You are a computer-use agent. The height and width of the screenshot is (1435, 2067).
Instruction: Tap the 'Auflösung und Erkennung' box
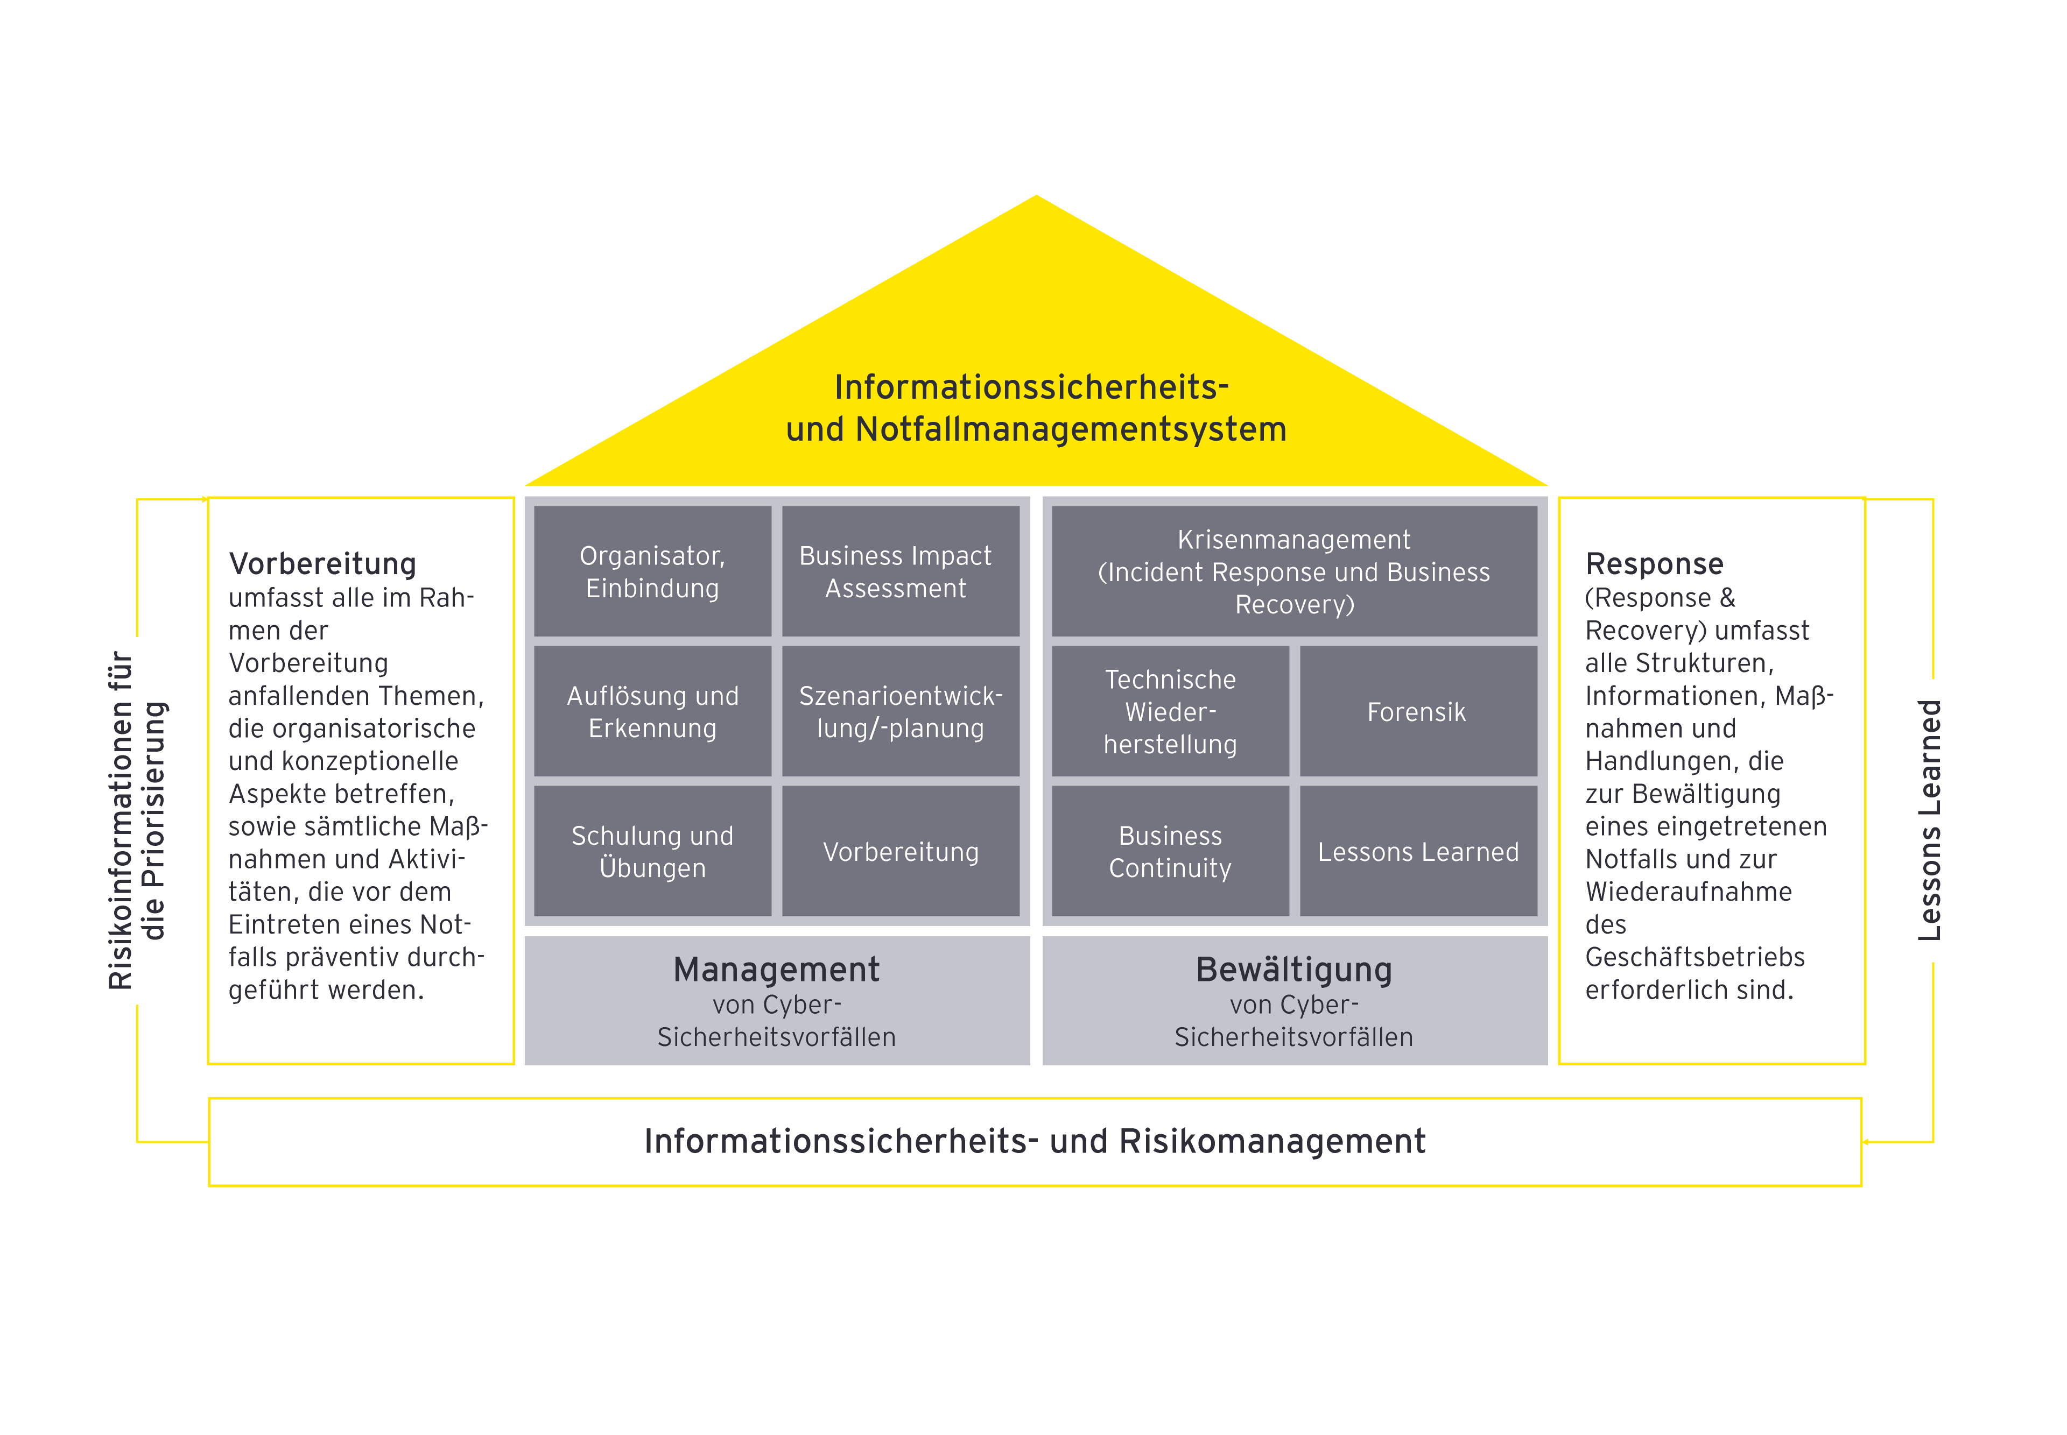coord(652,711)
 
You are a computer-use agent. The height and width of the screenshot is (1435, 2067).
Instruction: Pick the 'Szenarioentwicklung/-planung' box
coord(901,711)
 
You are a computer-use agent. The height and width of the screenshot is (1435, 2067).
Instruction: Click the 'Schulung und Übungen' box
coord(652,851)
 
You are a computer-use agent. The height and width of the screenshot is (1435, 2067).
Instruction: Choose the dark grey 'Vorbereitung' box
coord(901,851)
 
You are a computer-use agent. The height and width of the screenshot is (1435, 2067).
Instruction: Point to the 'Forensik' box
coord(1418,711)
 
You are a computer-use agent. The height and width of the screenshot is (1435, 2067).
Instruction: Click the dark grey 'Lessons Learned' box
coord(1418,851)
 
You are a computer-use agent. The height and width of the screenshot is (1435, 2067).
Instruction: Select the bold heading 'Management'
coord(776,969)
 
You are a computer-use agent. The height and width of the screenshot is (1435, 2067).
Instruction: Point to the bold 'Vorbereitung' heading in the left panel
coord(322,564)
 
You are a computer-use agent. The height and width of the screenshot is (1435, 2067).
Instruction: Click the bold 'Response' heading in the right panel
coord(1654,564)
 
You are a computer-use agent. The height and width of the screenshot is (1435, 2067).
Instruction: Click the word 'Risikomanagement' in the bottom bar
coord(1272,1141)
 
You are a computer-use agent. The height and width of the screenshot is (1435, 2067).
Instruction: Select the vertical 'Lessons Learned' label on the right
coord(1929,820)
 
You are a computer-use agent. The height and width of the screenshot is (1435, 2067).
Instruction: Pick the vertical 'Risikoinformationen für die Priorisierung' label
coord(137,820)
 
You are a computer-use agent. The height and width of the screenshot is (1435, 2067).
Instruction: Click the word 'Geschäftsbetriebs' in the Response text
coord(1695,957)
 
